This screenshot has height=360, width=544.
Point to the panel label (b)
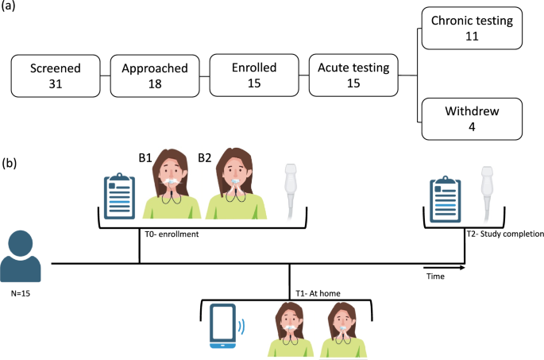[11, 165]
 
